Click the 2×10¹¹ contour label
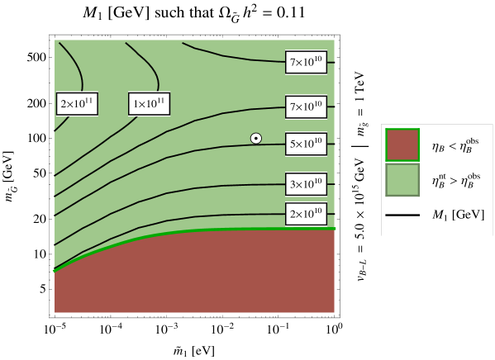click(78, 103)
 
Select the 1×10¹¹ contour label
click(150, 103)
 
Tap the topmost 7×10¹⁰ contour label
click(306, 62)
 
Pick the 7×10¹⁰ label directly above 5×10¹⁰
click(306, 107)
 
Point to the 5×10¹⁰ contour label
click(306, 144)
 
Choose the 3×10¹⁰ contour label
click(306, 183)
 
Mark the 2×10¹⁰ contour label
click(306, 214)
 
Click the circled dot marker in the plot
click(256, 139)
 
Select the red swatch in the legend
click(402, 145)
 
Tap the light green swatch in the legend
click(402, 180)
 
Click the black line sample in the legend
click(402, 216)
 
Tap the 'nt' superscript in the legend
click(440, 175)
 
